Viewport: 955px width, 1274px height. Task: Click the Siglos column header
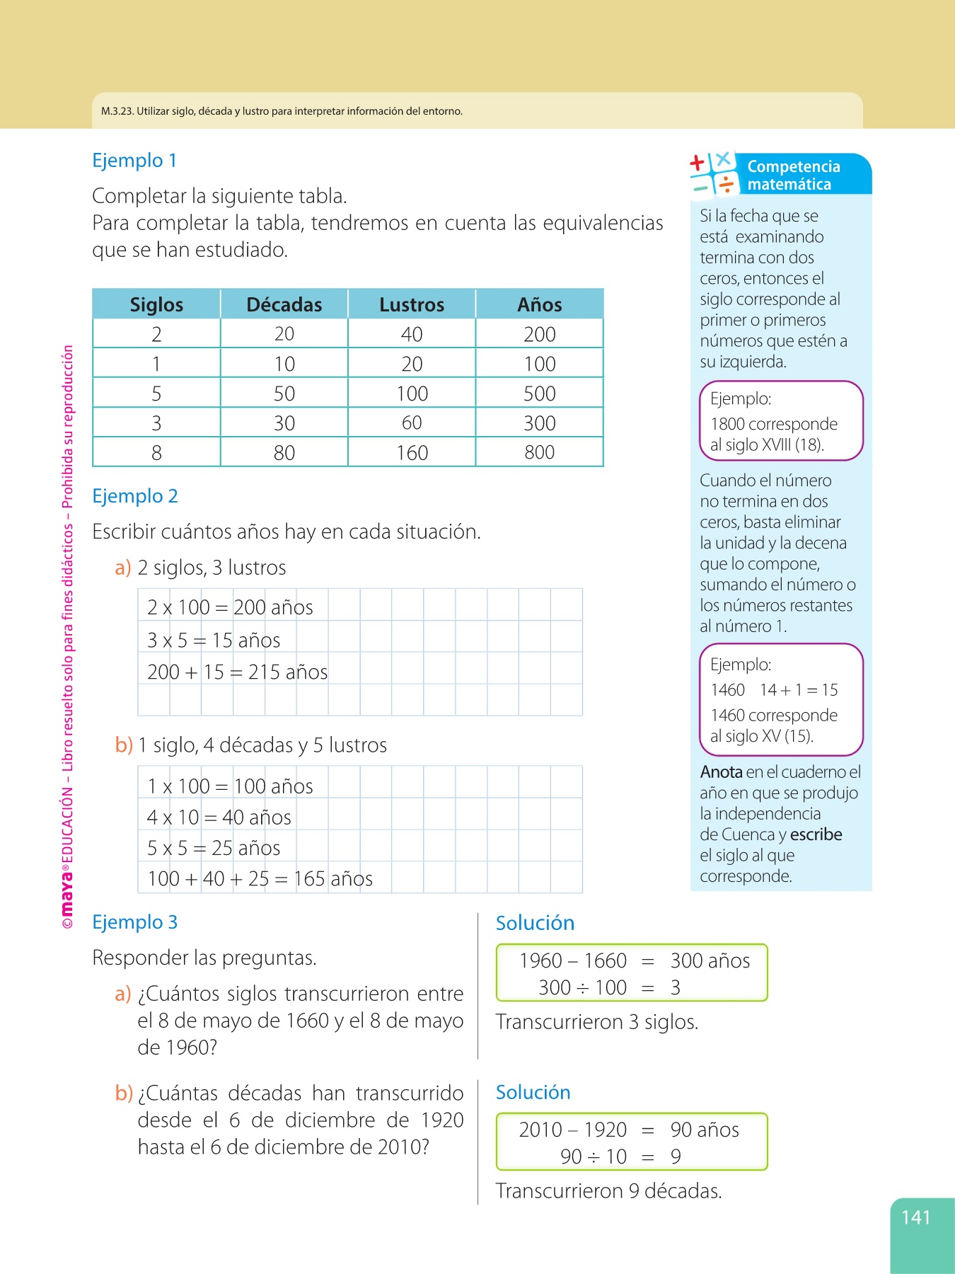click(156, 304)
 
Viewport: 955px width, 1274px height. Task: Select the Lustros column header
click(412, 304)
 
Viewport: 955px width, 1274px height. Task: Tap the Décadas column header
click(284, 304)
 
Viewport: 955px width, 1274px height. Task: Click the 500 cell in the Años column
click(539, 394)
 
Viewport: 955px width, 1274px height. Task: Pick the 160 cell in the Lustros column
click(412, 453)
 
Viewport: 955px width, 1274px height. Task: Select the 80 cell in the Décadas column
click(284, 453)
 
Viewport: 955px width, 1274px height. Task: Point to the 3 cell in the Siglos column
click(156, 423)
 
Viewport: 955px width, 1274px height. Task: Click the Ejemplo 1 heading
click(134, 161)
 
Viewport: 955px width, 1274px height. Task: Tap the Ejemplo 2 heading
click(135, 496)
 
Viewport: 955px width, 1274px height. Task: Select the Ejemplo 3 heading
click(135, 922)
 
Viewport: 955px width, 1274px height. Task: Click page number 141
click(915, 1217)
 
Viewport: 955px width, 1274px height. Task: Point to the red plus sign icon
click(698, 163)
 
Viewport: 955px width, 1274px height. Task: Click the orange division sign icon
click(726, 185)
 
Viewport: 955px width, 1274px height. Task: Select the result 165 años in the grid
click(333, 879)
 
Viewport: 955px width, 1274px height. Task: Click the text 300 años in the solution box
click(710, 960)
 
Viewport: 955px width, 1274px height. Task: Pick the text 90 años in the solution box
click(705, 1130)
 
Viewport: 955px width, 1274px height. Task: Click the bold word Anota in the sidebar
click(721, 772)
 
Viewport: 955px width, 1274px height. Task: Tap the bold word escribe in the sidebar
click(816, 834)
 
